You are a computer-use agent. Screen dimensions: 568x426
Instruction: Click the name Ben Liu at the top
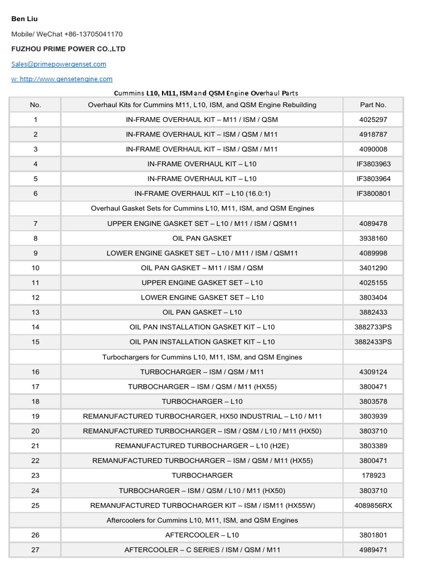[x=24, y=19]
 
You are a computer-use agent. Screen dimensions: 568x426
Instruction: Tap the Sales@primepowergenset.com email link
[x=59, y=64]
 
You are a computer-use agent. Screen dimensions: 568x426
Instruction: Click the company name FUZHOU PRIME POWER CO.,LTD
[x=68, y=49]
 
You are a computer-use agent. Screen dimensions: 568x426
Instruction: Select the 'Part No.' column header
[x=373, y=104]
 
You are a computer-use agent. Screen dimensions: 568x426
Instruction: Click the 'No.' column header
[x=35, y=104]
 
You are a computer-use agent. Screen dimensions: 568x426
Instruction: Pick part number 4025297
[x=373, y=119]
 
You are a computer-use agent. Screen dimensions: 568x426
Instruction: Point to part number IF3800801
[x=373, y=194]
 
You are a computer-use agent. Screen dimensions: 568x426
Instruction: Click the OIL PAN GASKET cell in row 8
[x=202, y=238]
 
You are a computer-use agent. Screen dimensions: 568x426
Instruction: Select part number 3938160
[x=373, y=238]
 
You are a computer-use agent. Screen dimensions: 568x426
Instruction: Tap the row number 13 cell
[x=35, y=312]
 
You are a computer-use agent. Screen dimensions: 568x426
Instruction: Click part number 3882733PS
[x=373, y=327]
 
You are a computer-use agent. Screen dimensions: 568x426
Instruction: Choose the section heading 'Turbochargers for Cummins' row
[x=202, y=357]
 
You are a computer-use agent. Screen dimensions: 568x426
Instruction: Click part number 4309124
[x=373, y=372]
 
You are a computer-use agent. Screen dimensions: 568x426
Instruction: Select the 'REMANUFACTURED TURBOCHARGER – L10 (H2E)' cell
[x=202, y=446]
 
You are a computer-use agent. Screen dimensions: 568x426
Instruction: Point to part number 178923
[x=373, y=475]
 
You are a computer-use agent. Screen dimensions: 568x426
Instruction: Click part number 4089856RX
[x=373, y=505]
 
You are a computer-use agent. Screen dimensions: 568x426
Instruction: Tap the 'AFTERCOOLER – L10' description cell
[x=202, y=535]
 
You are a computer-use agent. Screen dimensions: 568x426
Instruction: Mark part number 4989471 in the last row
[x=373, y=550]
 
